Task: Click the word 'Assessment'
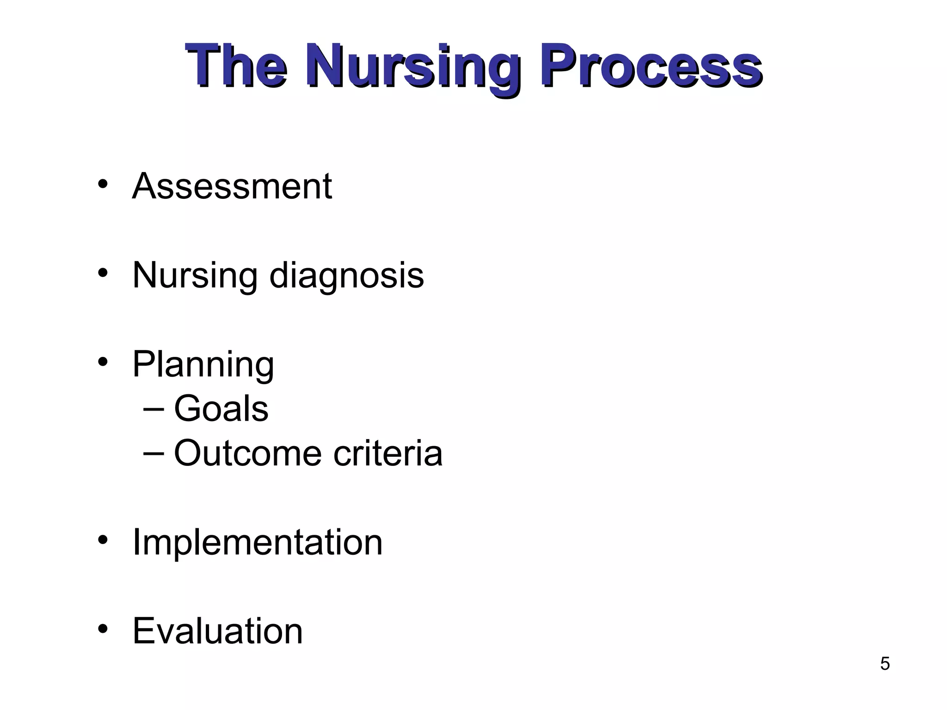pos(232,186)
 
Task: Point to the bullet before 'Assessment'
pos(103,184)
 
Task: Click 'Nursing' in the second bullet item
pos(195,276)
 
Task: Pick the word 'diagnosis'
pos(346,276)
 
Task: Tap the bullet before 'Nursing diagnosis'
pos(103,273)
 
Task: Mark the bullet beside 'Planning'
pos(103,362)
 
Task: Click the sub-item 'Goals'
pos(221,409)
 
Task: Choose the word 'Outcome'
pos(247,453)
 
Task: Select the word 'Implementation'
pos(258,542)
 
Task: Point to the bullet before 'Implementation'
pos(103,539)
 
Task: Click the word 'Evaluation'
pos(217,631)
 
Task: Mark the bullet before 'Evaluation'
pos(103,629)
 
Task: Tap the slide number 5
pos(885,664)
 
